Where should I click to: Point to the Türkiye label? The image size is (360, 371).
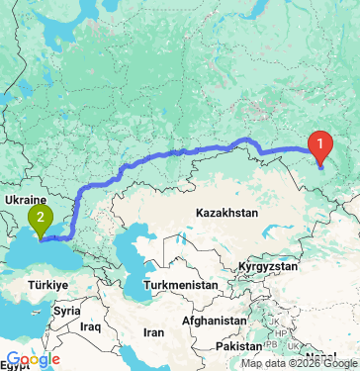[45, 285]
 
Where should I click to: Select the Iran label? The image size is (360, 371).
[153, 333]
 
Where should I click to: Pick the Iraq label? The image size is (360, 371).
[92, 325]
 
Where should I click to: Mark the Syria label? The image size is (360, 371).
[67, 310]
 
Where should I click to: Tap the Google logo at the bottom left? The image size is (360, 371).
[32, 359]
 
